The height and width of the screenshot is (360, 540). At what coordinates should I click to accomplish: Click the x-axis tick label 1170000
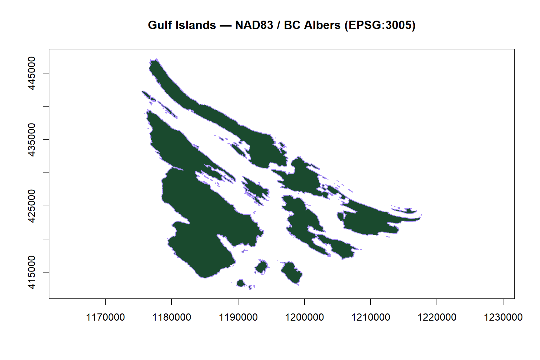(105, 317)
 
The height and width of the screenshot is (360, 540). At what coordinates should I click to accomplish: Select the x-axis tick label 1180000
(172, 317)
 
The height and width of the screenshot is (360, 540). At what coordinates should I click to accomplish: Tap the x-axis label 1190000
(238, 317)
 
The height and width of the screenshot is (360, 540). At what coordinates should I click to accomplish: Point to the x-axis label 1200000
(304, 317)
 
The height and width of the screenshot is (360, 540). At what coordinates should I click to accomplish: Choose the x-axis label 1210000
(371, 317)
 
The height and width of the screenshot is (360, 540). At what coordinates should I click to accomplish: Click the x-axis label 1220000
(437, 317)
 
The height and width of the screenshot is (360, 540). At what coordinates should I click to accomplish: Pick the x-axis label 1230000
(503, 317)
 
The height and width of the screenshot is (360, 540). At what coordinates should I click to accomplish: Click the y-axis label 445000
(32, 73)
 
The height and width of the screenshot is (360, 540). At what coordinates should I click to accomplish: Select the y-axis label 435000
(32, 139)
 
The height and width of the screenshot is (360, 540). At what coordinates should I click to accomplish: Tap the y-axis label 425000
(32, 206)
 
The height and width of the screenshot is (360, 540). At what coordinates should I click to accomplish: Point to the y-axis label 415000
(32, 272)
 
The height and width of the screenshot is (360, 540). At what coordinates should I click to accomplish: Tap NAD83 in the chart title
(254, 25)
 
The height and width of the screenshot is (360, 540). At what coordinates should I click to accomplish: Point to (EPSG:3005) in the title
(380, 25)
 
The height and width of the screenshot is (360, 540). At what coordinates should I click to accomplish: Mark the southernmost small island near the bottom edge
(241, 283)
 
